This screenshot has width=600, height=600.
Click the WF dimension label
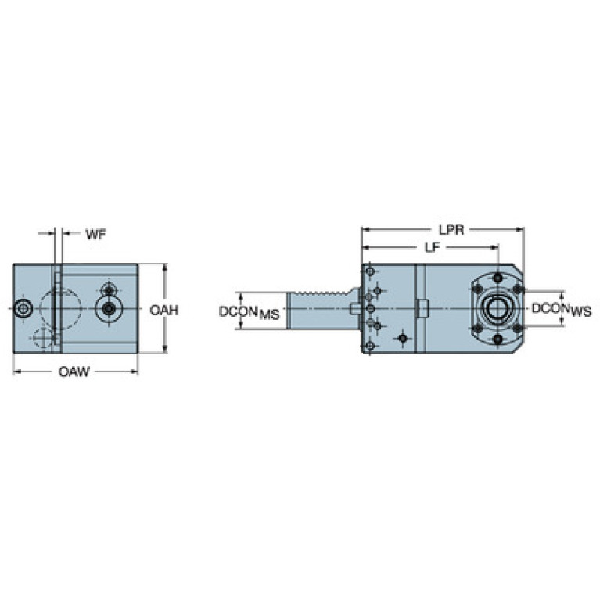[x=95, y=234]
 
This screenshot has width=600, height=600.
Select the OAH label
[x=164, y=310]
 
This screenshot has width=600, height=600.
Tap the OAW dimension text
[x=74, y=372]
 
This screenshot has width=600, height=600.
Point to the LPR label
[x=451, y=229]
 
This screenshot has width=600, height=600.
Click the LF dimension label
[x=433, y=247]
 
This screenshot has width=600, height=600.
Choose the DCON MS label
[x=249, y=313]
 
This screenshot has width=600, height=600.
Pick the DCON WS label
[x=562, y=310]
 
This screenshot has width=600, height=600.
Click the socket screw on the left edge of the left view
[x=23, y=308]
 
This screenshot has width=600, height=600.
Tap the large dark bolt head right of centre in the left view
[x=110, y=307]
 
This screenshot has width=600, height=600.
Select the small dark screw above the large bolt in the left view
[x=110, y=290]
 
